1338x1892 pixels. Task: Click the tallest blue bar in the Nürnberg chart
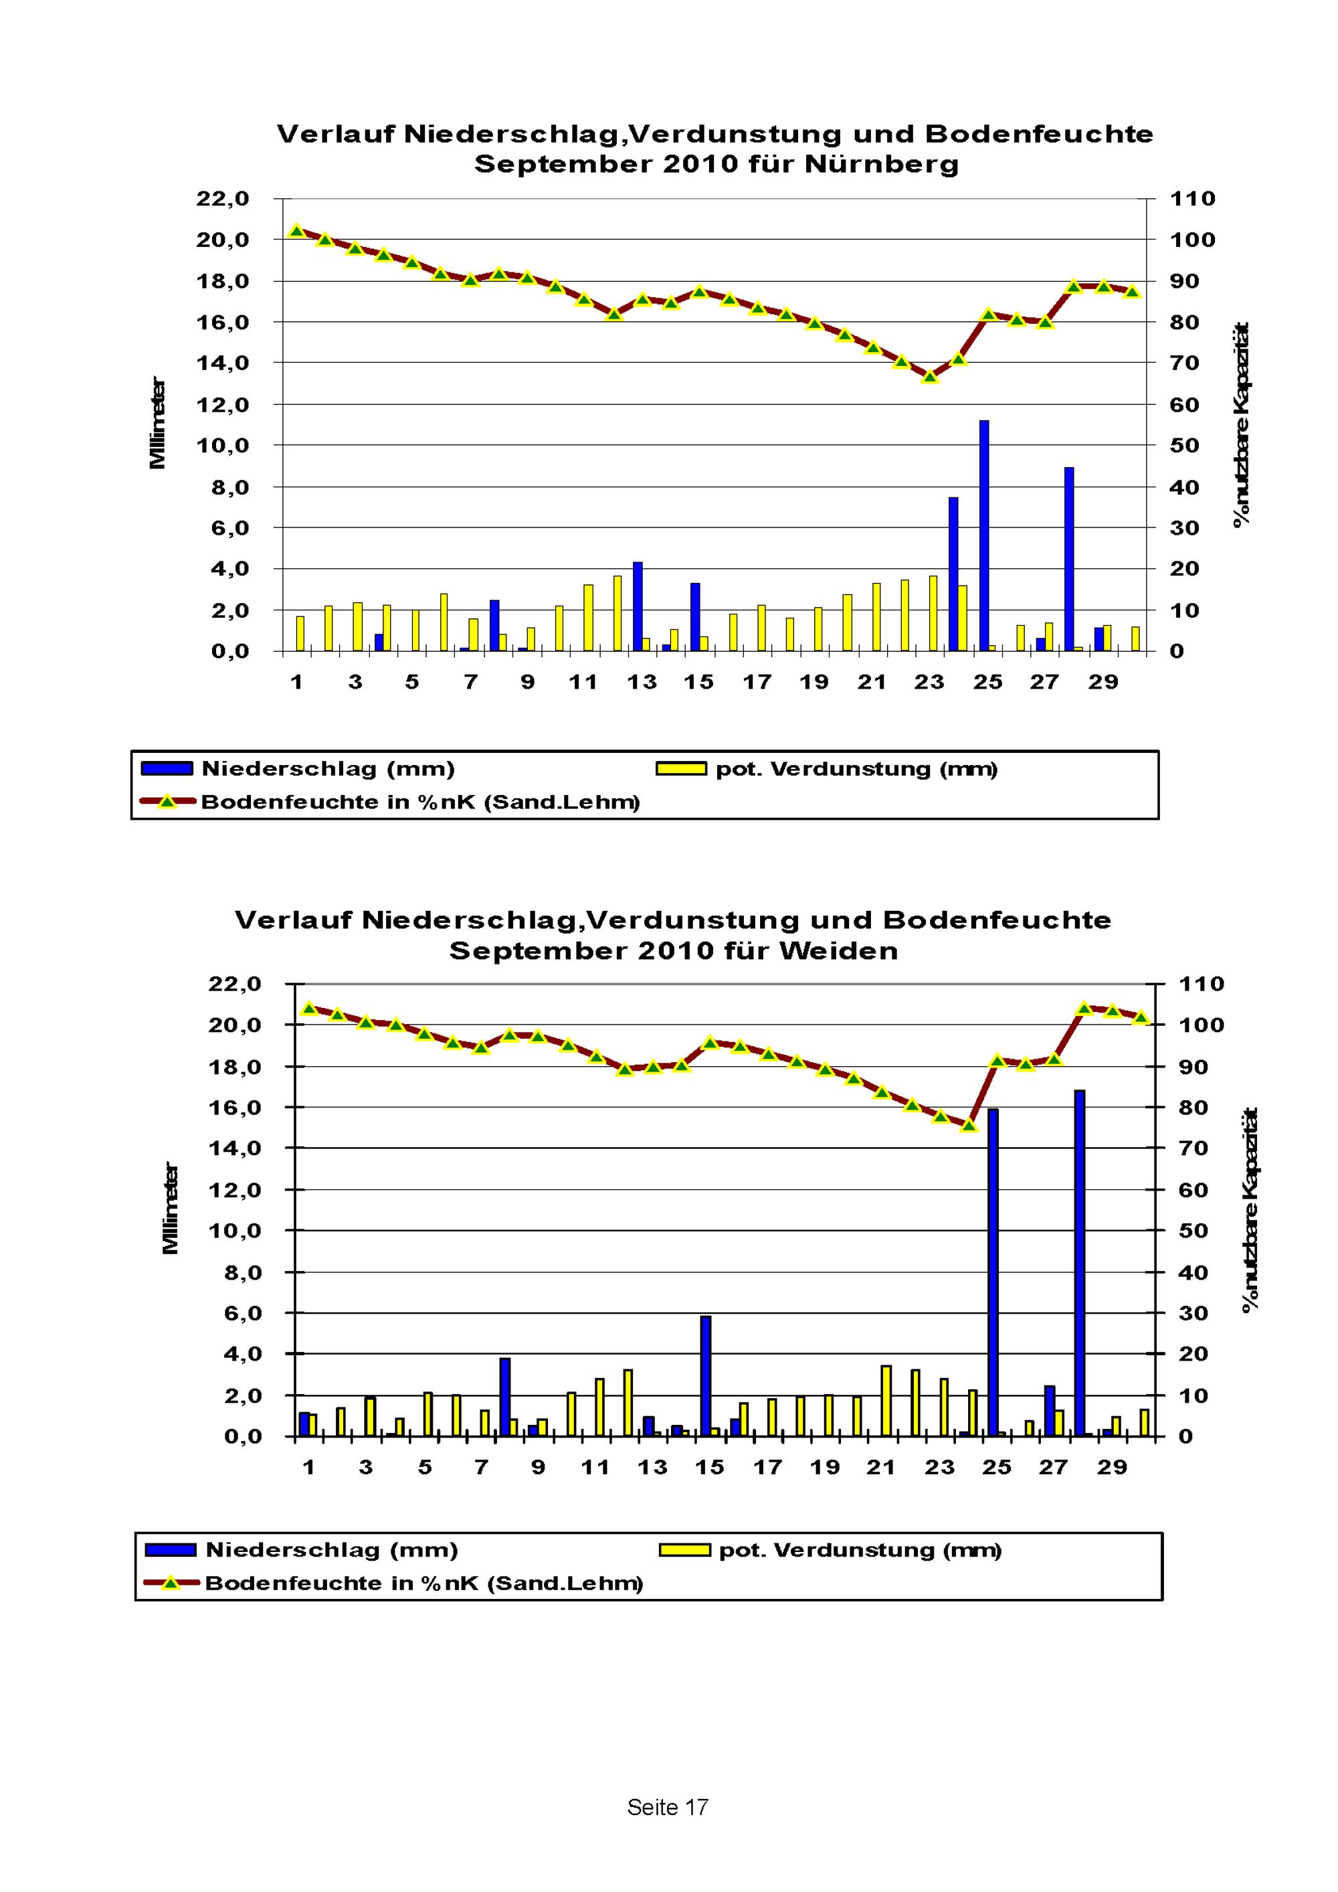983,535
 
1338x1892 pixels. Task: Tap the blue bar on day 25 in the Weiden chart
993,1273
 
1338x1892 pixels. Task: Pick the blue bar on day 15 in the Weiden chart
705,1376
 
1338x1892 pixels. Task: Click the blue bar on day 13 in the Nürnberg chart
637,606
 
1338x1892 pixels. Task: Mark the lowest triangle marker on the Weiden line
969,1125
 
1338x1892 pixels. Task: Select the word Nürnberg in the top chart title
882,164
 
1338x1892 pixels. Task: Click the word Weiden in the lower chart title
838,950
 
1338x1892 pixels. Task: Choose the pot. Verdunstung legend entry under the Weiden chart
859,1550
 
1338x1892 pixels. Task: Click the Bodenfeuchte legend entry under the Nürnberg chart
420,802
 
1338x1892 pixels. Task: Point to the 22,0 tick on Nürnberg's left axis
223,199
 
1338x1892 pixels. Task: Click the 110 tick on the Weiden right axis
1202,984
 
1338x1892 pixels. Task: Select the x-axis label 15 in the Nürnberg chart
698,681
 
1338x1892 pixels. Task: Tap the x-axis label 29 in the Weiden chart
1111,1467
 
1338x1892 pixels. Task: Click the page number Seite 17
668,1807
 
